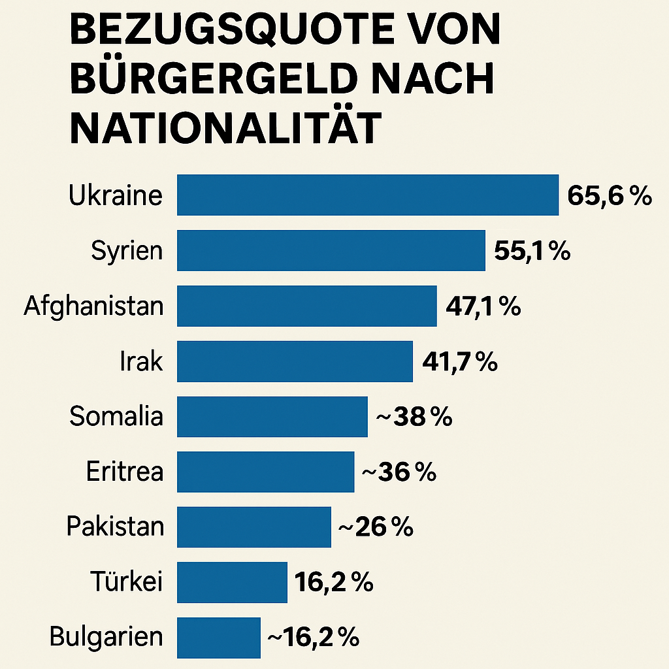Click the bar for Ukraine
(x=368, y=195)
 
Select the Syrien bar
(x=331, y=250)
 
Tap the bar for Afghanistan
(x=306, y=306)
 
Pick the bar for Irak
(x=295, y=361)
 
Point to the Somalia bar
(x=272, y=417)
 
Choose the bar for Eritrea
(x=265, y=472)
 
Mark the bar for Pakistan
(x=253, y=527)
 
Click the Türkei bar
(x=232, y=582)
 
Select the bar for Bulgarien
(x=218, y=638)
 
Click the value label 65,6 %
(x=610, y=195)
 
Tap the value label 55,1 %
(x=532, y=251)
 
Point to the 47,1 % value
(x=483, y=306)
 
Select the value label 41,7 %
(x=460, y=361)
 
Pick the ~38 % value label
(x=414, y=417)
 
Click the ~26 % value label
(x=376, y=527)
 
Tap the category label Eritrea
(x=125, y=472)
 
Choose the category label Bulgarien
(x=106, y=638)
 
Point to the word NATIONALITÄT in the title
(x=224, y=127)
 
